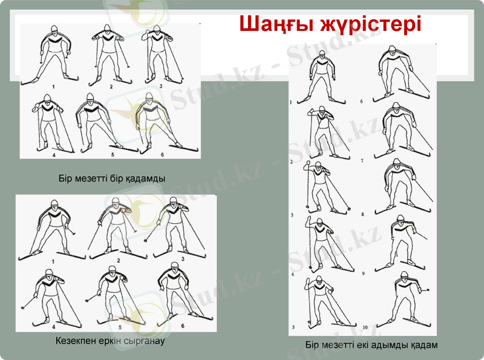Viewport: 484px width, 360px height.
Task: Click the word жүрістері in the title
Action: tap(370, 24)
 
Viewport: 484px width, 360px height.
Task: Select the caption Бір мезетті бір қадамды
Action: tap(112, 178)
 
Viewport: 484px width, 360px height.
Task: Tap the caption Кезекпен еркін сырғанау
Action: tap(110, 341)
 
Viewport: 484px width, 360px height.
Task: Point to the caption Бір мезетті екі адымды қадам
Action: tap(371, 345)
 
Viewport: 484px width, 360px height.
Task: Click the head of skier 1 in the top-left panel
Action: tap(54, 30)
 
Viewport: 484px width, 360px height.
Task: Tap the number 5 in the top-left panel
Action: tap(113, 155)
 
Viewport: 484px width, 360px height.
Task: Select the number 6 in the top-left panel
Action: tap(162, 155)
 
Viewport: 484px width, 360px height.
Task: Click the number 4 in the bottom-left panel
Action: tap(54, 327)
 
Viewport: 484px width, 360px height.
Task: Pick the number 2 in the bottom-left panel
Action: tap(119, 261)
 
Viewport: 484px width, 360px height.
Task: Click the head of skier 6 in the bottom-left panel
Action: tap(175, 267)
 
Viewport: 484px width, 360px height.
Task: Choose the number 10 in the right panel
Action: tap(365, 327)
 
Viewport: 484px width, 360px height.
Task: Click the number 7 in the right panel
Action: tap(362, 160)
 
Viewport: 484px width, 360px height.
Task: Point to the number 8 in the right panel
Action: tap(362, 214)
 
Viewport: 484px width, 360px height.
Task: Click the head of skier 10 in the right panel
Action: tap(404, 276)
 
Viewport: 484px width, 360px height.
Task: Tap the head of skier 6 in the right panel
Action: tap(392, 51)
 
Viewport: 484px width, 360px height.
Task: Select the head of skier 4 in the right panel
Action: tap(319, 223)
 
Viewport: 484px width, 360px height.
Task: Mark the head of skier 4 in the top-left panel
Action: tap(47, 99)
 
